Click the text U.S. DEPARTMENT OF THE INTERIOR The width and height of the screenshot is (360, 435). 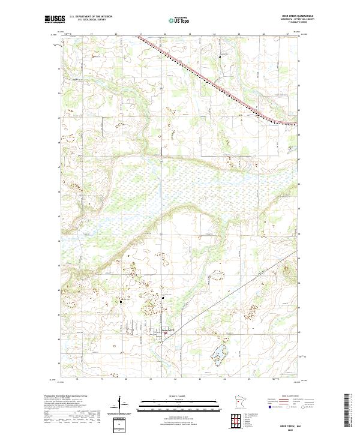91,17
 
